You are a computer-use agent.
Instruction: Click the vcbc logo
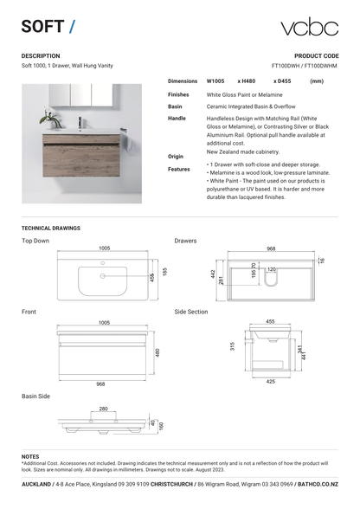pyautogui.click(x=308, y=27)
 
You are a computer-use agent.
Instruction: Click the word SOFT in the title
pyautogui.click(x=42, y=27)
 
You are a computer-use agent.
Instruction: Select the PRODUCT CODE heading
pyautogui.click(x=317, y=55)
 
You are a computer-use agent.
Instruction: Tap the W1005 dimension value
pyautogui.click(x=215, y=81)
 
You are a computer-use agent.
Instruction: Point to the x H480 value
pyautogui.click(x=247, y=81)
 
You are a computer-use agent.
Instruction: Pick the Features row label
pyautogui.click(x=179, y=169)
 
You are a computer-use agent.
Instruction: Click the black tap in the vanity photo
pyautogui.click(x=80, y=121)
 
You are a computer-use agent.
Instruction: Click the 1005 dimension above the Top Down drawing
pyautogui.click(x=104, y=248)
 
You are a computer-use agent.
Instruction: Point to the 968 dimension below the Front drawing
pyautogui.click(x=101, y=383)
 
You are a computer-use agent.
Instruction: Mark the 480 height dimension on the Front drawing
pyautogui.click(x=157, y=352)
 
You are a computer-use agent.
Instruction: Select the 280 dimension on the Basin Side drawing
pyautogui.click(x=103, y=409)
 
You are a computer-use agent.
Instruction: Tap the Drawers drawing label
pyautogui.click(x=185, y=241)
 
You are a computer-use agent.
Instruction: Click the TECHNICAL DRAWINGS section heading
pyautogui.click(x=51, y=228)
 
